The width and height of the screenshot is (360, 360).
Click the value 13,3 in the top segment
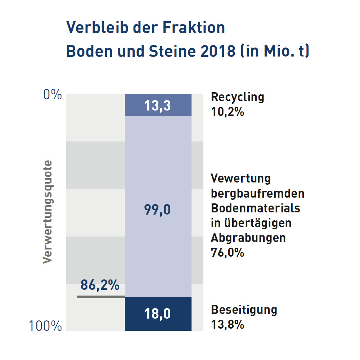click(158, 105)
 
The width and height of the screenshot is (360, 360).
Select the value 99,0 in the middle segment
click(158, 210)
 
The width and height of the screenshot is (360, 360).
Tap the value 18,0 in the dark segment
click(158, 314)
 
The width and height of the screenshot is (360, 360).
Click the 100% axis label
click(45, 326)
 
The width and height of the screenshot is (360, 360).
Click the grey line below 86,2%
click(101, 297)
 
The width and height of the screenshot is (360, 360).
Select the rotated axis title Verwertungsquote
click(48, 212)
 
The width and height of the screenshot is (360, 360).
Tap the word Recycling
click(238, 97)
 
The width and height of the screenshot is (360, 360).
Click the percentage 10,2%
click(228, 112)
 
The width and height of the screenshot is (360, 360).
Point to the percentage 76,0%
click(228, 252)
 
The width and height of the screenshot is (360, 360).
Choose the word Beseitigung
click(244, 310)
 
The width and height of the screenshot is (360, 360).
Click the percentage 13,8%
click(228, 325)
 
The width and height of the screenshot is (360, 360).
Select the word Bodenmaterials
click(256, 208)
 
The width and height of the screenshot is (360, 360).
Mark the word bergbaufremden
click(258, 193)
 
